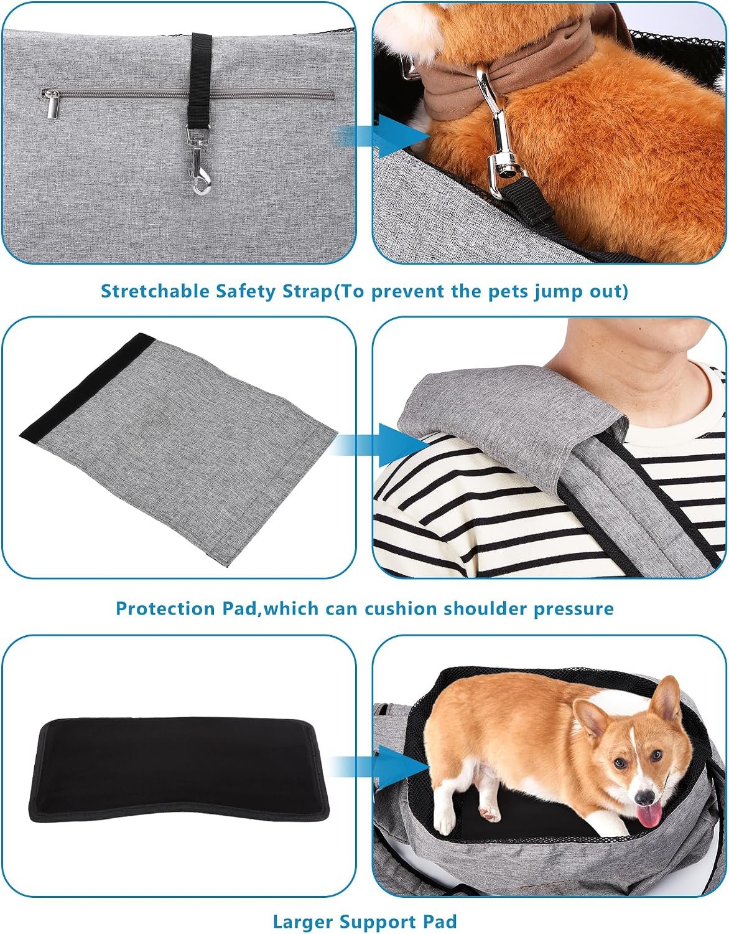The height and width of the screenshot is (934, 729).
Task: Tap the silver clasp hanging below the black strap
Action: click(198, 161)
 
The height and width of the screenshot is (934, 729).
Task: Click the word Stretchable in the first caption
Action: click(154, 291)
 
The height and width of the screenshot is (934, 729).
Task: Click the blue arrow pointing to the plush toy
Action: click(384, 136)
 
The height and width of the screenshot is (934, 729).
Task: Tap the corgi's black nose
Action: click(644, 797)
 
